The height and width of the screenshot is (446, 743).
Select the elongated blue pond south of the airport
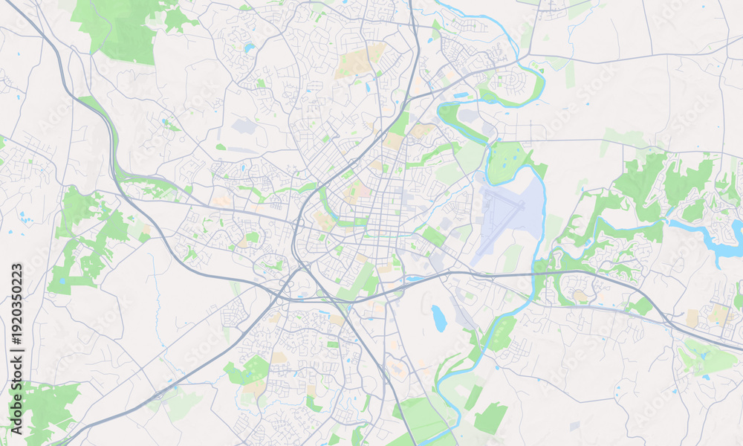tap(439, 318)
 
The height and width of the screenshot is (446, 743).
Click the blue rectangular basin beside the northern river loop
tap(461, 95)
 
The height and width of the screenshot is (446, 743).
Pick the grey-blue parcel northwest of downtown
tap(244, 126)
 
